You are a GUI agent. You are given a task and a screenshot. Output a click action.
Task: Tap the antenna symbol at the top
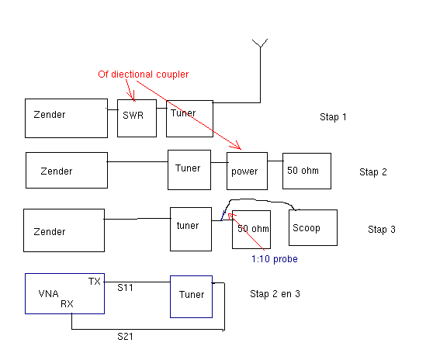click(x=260, y=43)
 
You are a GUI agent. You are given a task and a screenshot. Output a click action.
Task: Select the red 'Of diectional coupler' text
click(x=144, y=74)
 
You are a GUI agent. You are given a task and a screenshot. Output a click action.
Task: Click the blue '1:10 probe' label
click(x=275, y=259)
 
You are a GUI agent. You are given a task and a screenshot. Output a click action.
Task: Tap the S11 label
click(x=125, y=288)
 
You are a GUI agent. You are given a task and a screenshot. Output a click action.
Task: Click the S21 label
click(x=125, y=336)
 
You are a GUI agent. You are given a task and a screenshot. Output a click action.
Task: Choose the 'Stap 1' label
click(x=333, y=117)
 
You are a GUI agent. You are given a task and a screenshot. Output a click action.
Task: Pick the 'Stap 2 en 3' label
click(x=275, y=294)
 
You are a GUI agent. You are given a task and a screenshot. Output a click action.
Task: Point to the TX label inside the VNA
click(x=94, y=282)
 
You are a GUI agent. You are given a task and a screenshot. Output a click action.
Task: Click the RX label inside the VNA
click(x=67, y=304)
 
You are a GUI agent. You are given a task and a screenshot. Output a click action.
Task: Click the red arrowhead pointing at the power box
click(x=237, y=145)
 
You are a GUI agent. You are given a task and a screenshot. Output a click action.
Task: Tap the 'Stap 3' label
click(x=382, y=230)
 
